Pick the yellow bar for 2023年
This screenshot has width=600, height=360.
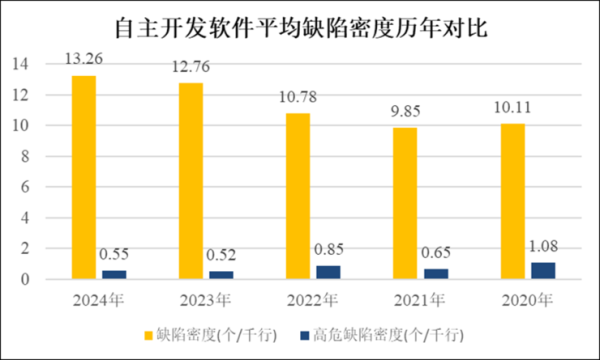[191, 181]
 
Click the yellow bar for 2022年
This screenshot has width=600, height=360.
[299, 196]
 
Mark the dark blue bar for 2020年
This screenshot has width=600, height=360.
[542, 271]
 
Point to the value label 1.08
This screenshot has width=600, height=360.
[542, 244]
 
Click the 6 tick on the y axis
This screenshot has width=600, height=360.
[23, 187]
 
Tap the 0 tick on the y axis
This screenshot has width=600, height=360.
[23, 280]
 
